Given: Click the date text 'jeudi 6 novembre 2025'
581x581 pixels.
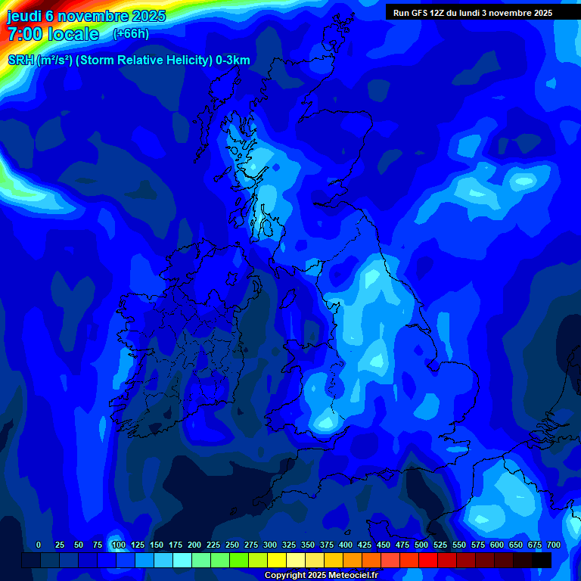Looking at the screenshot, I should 86,16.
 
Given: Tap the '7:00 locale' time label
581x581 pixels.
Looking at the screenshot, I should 53,34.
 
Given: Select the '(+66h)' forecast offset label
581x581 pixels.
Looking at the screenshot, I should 131,34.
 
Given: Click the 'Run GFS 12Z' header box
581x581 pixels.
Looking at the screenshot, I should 472,13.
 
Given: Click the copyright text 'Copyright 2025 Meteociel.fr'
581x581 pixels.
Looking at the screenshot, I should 321,576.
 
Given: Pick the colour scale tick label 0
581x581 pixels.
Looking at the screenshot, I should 39,545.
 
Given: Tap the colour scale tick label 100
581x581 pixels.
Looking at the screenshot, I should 119,545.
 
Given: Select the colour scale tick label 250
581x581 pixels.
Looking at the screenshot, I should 232,545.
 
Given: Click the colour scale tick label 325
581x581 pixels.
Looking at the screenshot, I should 289,545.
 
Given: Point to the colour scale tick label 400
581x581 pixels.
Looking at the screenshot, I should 346,545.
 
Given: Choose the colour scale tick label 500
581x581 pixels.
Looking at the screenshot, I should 421,545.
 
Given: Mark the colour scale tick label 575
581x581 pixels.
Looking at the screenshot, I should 478,545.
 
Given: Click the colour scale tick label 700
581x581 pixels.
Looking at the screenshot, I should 554,545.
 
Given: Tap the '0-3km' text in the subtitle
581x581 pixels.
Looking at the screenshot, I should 233,61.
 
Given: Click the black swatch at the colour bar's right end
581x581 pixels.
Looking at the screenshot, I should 542,561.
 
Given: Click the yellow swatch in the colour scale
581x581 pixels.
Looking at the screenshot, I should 277,561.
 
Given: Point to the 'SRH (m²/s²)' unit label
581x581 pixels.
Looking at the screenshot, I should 39,61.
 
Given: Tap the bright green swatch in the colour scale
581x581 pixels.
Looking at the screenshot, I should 239,561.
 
